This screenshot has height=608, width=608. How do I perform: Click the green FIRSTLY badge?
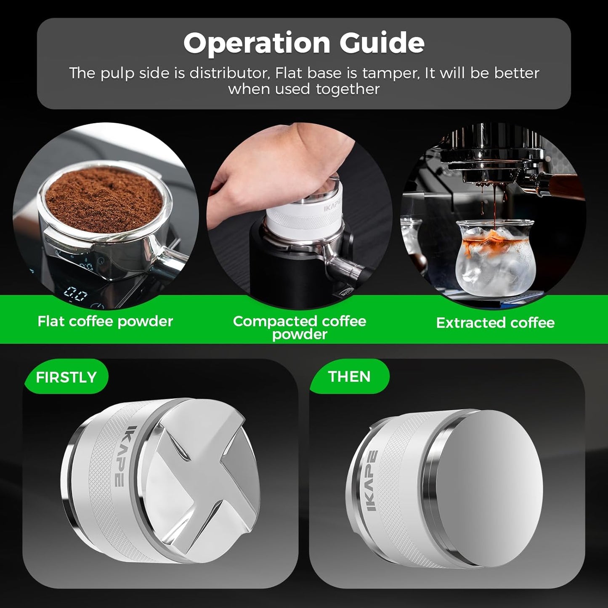click(66, 377)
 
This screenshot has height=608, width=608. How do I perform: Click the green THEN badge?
click(349, 376)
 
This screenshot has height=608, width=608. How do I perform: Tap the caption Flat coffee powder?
click(105, 321)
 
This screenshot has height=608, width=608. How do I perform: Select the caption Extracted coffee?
click(495, 323)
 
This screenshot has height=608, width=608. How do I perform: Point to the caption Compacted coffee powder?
click(299, 327)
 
